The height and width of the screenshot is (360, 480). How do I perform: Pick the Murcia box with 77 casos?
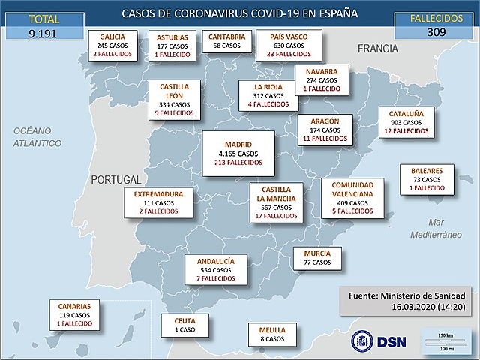coord(317,257)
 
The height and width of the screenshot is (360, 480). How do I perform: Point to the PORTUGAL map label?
coord(115,180)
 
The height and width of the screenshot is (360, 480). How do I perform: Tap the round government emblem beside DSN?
coord(363,340)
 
